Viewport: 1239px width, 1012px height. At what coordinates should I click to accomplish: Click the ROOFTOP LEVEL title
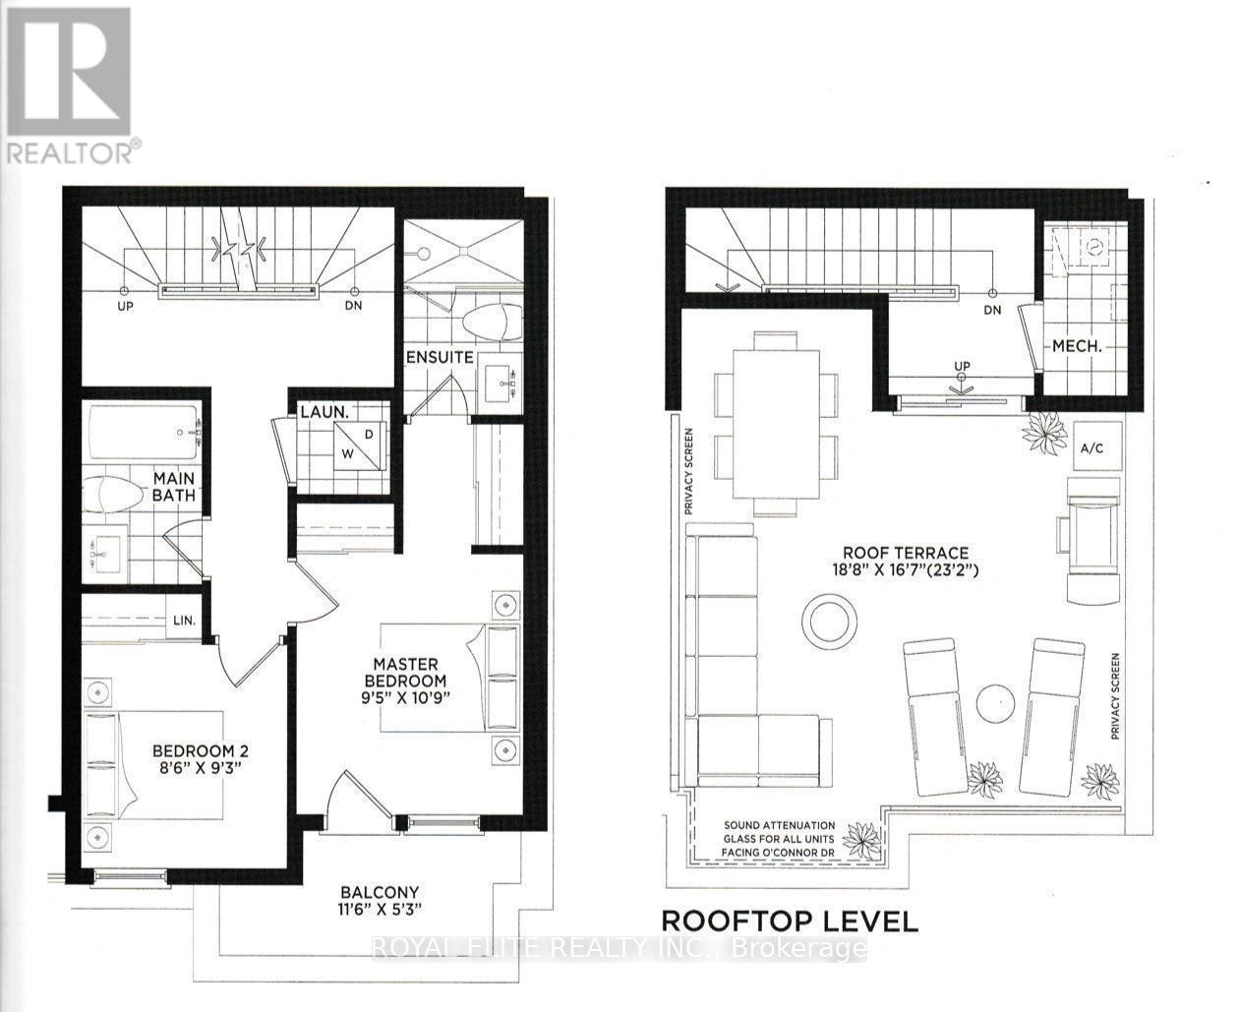click(790, 922)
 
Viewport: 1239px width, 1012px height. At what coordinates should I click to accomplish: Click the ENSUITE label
click(440, 357)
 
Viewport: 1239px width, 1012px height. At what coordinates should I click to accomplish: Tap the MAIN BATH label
click(173, 487)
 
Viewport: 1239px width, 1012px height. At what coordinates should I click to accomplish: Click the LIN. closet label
click(184, 621)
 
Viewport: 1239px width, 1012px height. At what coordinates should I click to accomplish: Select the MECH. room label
click(1076, 346)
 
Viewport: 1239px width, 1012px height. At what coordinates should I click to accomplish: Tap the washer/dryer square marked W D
click(358, 446)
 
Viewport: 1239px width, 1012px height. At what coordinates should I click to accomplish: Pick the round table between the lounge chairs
click(995, 702)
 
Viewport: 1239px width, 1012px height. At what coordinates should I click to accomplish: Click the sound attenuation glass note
click(779, 839)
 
